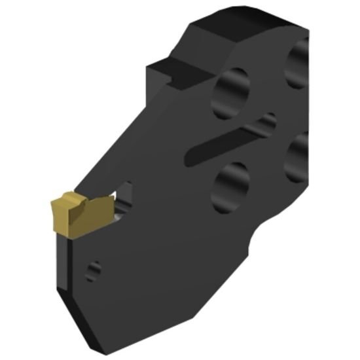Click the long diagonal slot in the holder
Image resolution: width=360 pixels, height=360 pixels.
[226, 141]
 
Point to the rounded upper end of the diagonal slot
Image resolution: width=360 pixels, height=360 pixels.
[268, 121]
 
